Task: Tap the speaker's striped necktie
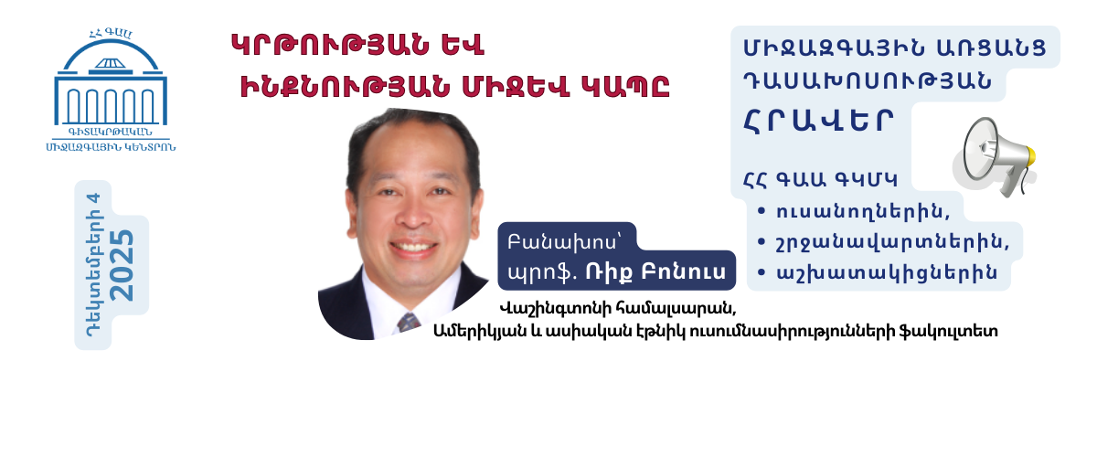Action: click(x=408, y=321)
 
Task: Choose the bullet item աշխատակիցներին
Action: click(x=880, y=271)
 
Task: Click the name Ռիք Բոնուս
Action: click(x=672, y=271)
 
